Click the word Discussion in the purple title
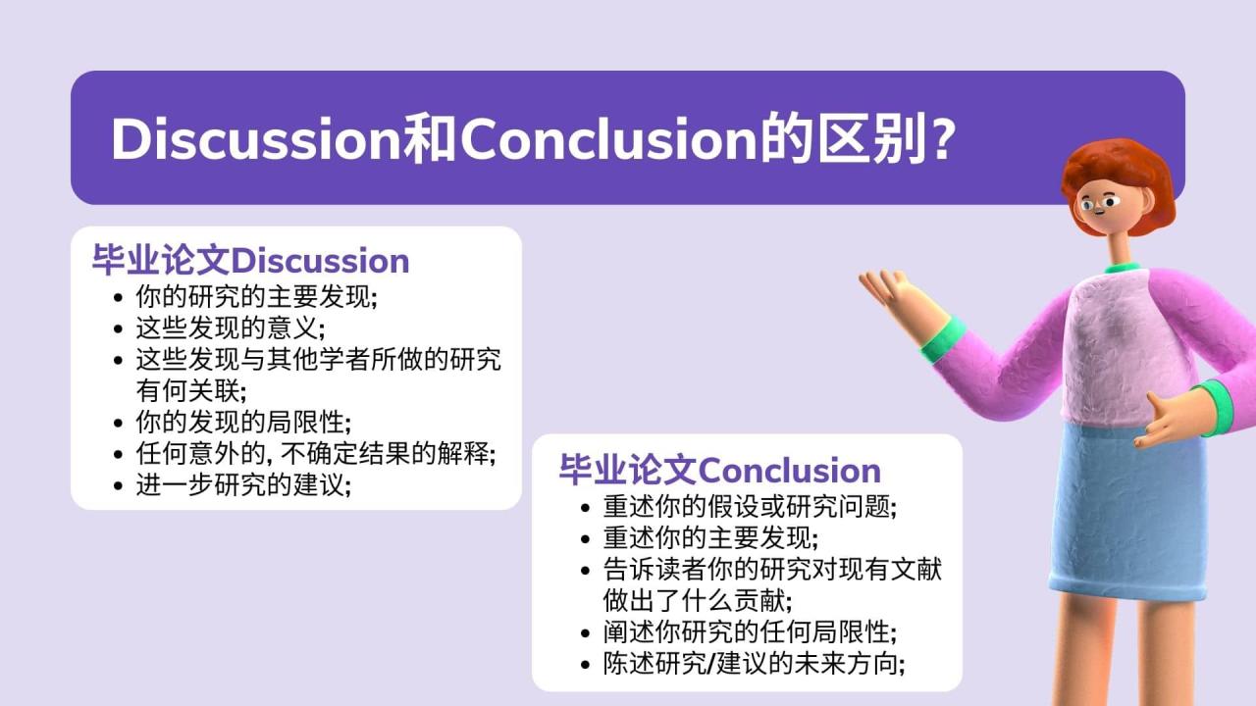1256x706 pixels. pos(256,139)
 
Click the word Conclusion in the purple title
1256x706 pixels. pos(609,139)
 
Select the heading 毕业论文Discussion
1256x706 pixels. pos(250,261)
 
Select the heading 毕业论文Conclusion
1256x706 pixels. pos(720,470)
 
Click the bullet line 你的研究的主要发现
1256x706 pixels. pos(257,296)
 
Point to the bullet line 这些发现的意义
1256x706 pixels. pos(231,328)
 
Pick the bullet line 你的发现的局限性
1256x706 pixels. pos(244,422)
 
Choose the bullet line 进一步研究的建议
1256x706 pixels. pos(244,484)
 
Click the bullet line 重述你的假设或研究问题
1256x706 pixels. pos(751,507)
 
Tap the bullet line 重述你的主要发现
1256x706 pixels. pos(711,538)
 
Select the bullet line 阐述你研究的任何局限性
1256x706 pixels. pos(751,632)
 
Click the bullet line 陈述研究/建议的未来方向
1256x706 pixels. pos(755,664)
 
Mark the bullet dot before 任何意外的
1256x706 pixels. pos(118,454)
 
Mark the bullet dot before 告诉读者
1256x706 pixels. pos(586,571)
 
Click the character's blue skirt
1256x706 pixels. pos(1127,510)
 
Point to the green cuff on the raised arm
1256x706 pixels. pos(943,340)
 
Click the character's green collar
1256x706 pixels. pos(1123,268)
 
